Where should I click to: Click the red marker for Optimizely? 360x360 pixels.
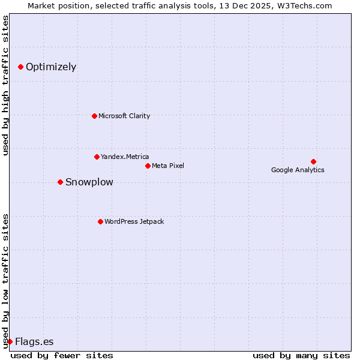point(20,67)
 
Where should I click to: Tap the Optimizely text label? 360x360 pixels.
point(51,67)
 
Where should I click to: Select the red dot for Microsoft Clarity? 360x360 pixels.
point(94,116)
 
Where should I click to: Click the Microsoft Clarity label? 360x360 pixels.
point(124,116)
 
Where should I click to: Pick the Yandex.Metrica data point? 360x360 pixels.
point(97,157)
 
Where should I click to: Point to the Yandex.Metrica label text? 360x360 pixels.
point(125,157)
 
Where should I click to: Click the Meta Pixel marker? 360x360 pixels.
point(148,166)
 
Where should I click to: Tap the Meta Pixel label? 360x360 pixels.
point(168,166)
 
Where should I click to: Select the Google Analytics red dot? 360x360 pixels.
point(313,161)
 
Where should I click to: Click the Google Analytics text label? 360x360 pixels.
point(298,170)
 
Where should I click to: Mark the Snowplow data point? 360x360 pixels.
point(60,182)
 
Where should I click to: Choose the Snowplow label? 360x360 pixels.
point(89,182)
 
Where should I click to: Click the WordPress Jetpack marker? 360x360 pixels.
point(100,221)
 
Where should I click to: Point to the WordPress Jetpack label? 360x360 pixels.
point(134,221)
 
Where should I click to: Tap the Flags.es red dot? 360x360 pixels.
point(10,341)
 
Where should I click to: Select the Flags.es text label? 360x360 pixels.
point(34,342)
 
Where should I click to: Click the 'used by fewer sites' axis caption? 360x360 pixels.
point(62,355)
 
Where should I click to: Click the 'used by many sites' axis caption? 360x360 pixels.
point(301,355)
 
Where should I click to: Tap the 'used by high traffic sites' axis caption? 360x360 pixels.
point(5,85)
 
